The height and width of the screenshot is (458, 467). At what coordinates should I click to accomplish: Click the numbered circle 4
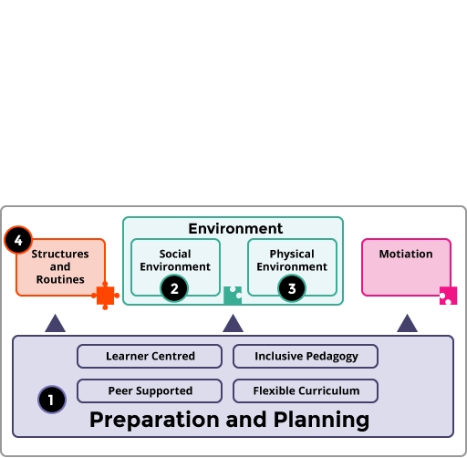18,240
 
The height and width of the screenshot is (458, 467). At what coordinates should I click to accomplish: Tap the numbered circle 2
174,288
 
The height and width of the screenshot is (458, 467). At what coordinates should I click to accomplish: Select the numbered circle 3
292,288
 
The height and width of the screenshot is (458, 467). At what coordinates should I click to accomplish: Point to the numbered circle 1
52,400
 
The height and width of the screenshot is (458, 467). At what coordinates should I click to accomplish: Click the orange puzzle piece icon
105,296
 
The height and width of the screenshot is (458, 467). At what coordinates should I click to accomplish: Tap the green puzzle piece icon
233,296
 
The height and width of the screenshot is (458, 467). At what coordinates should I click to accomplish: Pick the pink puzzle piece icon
448,296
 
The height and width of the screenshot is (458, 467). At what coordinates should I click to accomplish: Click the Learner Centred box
150,356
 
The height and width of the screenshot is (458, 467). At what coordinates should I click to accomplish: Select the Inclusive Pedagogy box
306,356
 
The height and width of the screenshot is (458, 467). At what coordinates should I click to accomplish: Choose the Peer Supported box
150,390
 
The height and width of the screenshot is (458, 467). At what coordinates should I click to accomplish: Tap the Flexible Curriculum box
306,390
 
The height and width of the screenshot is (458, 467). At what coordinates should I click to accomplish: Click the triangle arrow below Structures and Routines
55,325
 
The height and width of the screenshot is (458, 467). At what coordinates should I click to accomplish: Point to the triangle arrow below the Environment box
233,325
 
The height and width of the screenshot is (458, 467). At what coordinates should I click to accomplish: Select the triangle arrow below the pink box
407,325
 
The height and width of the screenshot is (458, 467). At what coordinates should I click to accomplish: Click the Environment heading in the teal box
235,229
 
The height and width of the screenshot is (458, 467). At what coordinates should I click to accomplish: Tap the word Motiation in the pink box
406,254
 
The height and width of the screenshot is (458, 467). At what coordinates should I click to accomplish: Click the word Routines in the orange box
60,279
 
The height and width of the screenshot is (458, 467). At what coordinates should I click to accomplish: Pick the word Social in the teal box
175,254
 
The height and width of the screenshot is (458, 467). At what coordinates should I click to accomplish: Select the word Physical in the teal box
292,255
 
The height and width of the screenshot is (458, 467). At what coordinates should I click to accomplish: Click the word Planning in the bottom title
321,420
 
